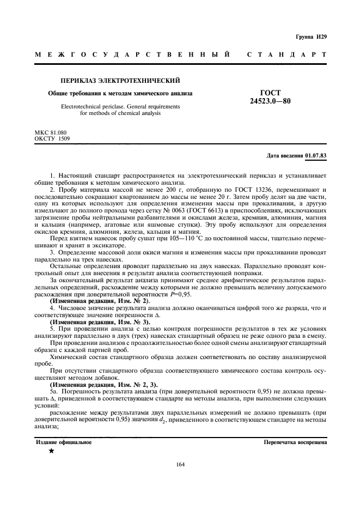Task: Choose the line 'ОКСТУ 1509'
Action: pos(51,138)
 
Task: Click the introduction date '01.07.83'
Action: pos(316,156)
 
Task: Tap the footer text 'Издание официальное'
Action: pos(64,442)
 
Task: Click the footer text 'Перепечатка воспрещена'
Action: pos(294,442)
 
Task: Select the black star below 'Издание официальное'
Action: pos(51,451)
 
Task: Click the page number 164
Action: pos(181,464)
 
